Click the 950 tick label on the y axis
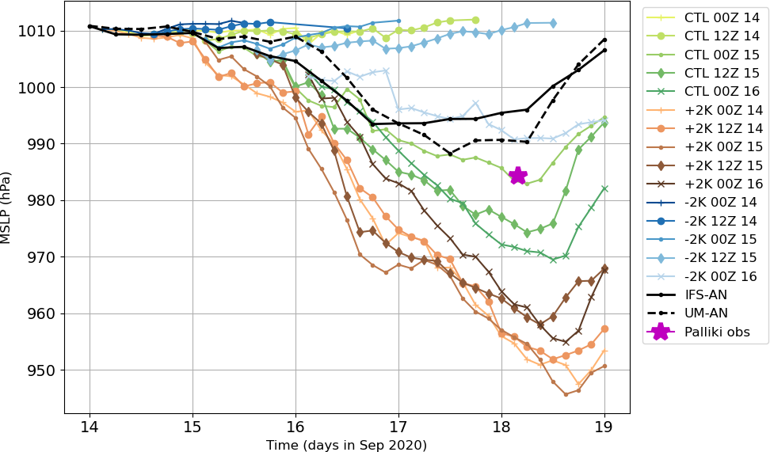pos(44,370)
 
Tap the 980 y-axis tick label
pos(44,201)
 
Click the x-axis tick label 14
pos(90,427)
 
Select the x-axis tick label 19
pos(605,427)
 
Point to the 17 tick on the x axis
pos(398,427)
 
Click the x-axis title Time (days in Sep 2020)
pos(346,445)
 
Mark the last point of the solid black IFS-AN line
pos(604,50)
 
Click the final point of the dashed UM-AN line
pos(604,40)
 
